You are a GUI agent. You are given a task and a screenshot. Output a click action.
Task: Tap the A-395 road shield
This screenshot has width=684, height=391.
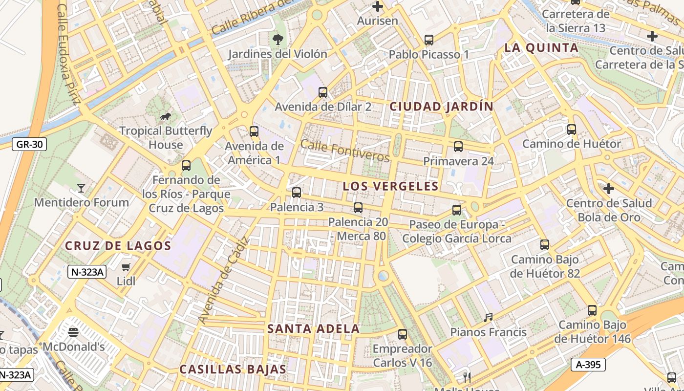[588, 364]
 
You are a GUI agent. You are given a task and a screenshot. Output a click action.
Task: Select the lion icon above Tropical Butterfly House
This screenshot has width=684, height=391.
[166, 116]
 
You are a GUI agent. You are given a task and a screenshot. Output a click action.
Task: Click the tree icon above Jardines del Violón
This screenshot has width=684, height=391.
[278, 39]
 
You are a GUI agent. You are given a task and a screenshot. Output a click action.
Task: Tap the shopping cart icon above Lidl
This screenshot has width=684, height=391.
[126, 267]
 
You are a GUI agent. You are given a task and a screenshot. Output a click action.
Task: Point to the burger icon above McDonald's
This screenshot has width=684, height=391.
[73, 332]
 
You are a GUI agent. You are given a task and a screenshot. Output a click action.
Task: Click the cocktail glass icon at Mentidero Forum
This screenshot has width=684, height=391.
[81, 188]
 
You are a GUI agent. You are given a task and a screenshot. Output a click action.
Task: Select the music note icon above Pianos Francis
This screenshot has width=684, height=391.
[488, 318]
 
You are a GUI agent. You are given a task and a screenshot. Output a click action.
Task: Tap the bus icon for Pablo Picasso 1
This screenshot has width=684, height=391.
[429, 40]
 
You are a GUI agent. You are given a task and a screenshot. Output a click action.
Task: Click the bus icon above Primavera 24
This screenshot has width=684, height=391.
[458, 146]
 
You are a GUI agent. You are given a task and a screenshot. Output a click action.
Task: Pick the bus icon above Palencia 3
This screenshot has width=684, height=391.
[297, 192]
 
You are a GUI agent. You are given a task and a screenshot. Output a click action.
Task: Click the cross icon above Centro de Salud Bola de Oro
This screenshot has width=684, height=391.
[608, 188]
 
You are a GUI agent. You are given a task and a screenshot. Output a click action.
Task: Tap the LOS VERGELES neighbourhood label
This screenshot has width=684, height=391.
[390, 186]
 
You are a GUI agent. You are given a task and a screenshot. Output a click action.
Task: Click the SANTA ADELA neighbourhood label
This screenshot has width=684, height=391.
[313, 329]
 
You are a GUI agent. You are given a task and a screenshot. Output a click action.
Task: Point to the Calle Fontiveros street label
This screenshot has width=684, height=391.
[345, 151]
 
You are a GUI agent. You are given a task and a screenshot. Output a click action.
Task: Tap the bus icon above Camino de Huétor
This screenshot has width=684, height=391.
[572, 130]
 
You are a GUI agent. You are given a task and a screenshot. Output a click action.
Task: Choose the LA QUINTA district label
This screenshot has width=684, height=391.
[541, 48]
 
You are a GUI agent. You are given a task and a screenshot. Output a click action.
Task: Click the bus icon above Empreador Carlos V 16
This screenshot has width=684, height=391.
[403, 334]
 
